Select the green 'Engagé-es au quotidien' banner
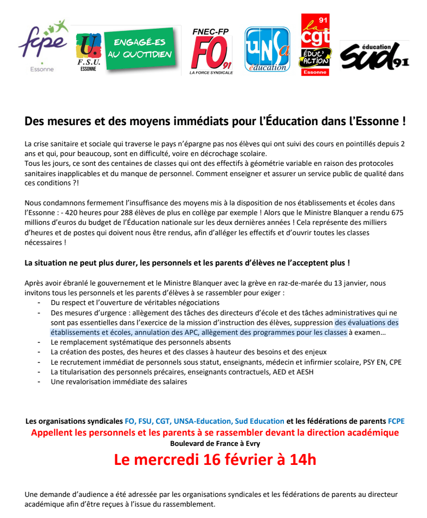[x=142, y=49]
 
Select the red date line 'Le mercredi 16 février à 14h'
[x=215, y=459]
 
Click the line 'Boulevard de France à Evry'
[x=215, y=443]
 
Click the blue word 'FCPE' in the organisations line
[x=396, y=421]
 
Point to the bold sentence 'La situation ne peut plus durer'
[x=187, y=263]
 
